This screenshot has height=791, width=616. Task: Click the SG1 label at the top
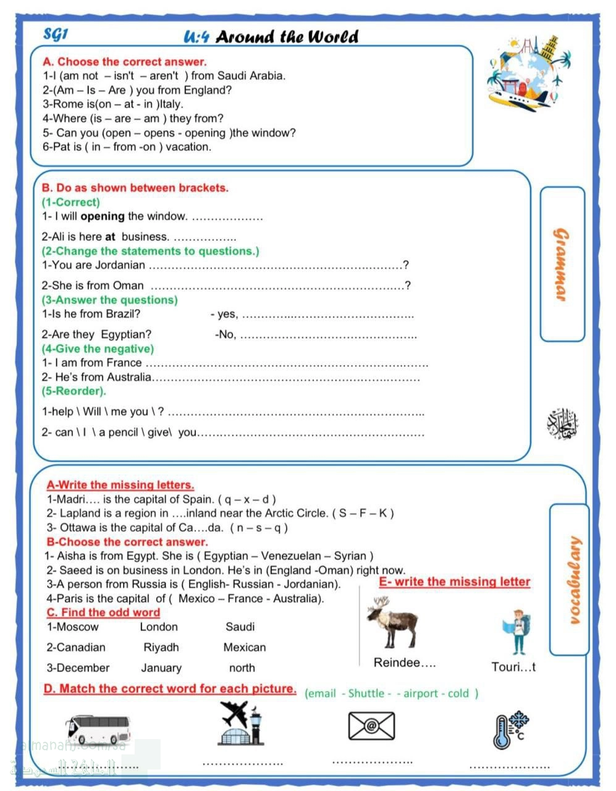point(56,34)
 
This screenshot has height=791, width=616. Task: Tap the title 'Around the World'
point(287,37)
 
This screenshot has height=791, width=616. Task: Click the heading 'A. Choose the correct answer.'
point(124,62)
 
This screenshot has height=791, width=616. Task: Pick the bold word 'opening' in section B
point(103,216)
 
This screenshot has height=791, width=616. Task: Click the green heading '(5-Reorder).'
point(74,391)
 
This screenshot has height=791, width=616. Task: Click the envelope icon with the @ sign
point(371,725)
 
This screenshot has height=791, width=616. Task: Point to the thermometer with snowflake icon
point(508,729)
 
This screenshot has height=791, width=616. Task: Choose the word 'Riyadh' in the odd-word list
point(161,648)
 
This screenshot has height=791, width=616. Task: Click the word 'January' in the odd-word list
point(161,668)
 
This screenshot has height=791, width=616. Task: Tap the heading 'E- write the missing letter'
point(454,582)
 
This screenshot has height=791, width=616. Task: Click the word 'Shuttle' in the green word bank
point(366,693)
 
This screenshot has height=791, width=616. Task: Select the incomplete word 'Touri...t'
point(513,667)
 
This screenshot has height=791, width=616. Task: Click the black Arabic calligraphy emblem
point(562,425)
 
